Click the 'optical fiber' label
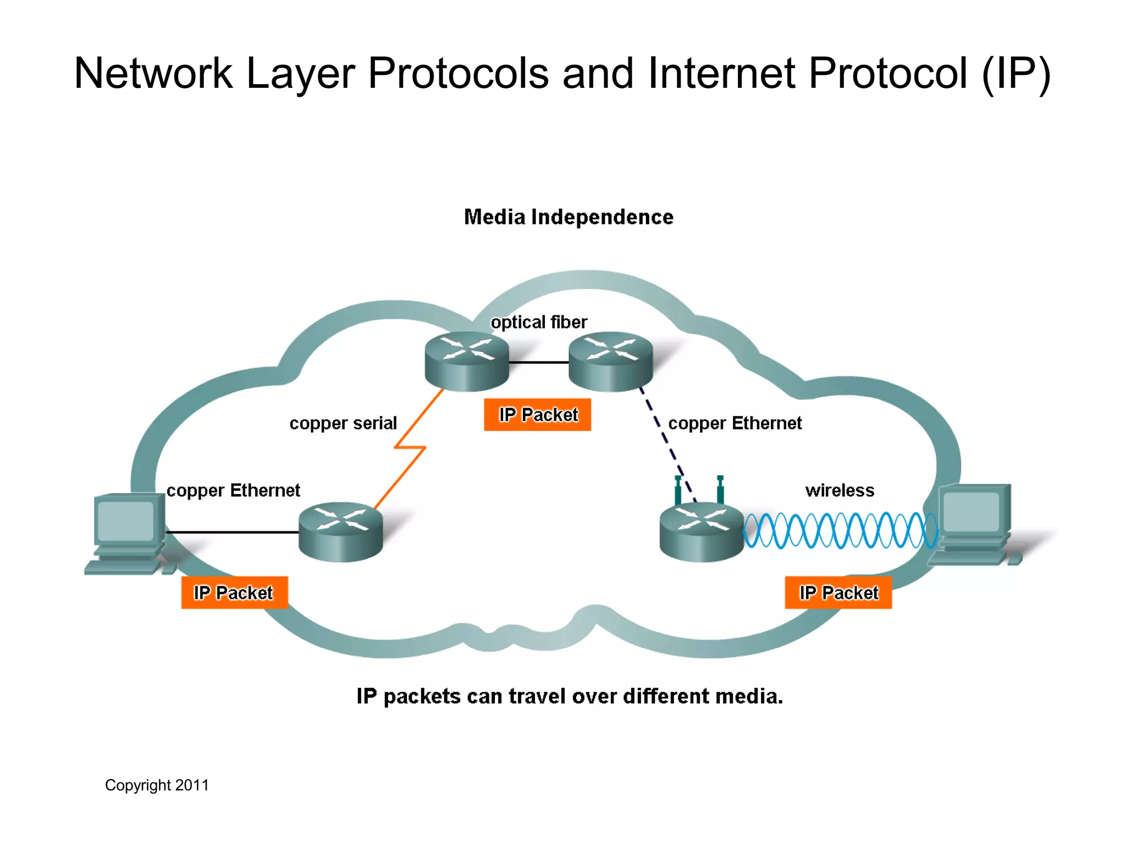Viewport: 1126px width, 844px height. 538,322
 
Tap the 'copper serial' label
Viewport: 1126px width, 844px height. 343,423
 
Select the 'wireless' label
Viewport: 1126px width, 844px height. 839,490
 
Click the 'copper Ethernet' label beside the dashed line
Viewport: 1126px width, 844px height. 735,423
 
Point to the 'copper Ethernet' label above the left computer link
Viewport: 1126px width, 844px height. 233,490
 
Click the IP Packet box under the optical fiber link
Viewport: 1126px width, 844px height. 537,415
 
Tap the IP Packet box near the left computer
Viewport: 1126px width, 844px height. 234,592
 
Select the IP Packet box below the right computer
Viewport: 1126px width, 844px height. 838,592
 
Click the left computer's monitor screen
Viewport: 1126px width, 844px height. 125,520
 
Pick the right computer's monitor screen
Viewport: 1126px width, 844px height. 971,512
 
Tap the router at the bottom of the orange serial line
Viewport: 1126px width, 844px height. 340,532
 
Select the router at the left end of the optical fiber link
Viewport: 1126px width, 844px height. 467,361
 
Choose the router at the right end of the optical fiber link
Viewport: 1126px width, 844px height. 610,361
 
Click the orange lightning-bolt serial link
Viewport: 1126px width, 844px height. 410,448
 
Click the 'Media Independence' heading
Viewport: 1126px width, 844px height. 568,217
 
